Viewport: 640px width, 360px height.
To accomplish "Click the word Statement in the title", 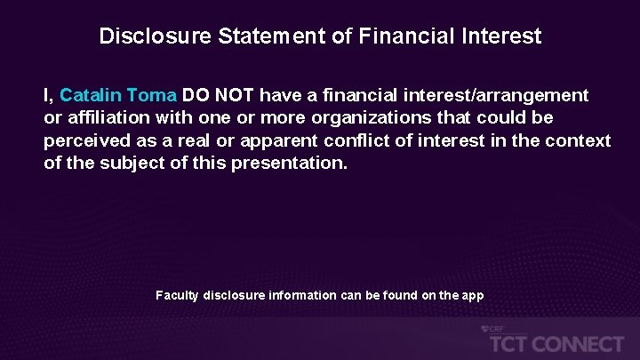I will pos(252,36).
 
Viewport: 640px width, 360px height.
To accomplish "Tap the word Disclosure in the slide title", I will pos(143,36).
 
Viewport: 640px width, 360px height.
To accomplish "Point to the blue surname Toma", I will pos(153,94).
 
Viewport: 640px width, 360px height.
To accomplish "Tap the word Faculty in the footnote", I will pos(177,294).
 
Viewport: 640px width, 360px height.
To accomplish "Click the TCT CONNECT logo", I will pos(552,343).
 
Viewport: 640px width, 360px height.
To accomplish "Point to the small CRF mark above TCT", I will pos(492,329).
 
